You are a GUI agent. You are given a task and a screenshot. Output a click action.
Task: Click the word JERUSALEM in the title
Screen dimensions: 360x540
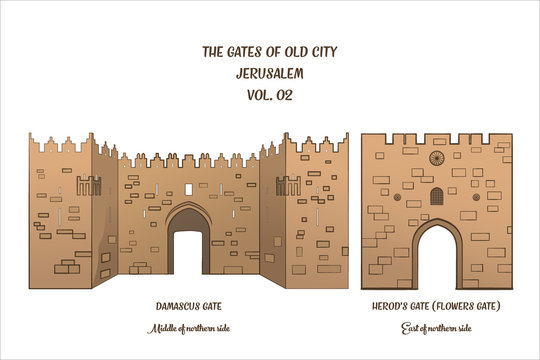(x=270, y=74)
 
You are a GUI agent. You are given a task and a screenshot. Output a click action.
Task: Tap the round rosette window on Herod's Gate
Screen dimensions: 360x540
(x=436, y=158)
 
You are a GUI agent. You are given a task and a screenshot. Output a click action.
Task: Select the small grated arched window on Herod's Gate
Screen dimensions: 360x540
(x=436, y=196)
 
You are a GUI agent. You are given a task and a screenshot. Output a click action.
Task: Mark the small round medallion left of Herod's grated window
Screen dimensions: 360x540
(x=413, y=204)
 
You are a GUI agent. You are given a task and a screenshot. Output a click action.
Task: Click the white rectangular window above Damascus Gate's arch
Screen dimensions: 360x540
(x=189, y=189)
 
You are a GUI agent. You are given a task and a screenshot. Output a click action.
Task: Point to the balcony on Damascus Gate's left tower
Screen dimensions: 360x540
(x=88, y=185)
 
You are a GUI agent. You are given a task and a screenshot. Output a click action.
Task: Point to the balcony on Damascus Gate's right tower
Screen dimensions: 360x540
(x=288, y=185)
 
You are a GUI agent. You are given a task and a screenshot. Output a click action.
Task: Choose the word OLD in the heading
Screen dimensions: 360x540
(x=290, y=53)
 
